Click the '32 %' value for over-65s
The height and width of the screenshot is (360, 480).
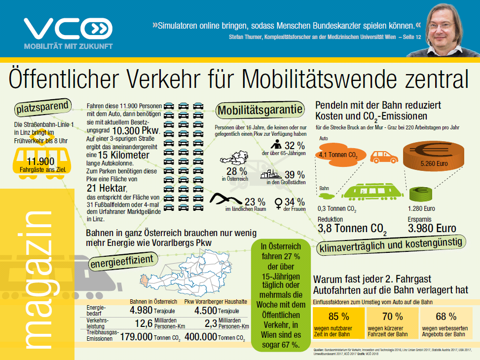click(294, 145)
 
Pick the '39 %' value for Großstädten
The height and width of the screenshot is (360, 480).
click(295, 175)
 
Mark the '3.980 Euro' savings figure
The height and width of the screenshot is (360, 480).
click(432, 229)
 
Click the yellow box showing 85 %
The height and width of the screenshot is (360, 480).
click(338, 321)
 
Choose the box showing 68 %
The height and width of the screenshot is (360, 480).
click(445, 321)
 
